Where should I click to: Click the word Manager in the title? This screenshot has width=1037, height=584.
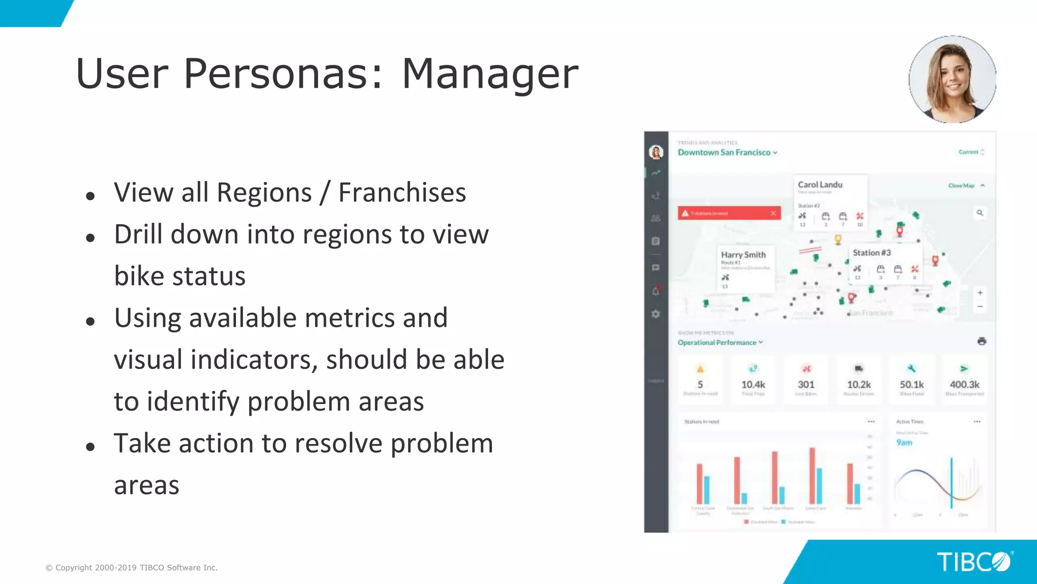(x=490, y=74)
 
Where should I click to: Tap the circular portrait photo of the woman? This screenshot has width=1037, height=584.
(x=952, y=80)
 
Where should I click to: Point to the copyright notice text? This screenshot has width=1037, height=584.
(x=132, y=568)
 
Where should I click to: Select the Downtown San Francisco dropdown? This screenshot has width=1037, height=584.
(x=727, y=153)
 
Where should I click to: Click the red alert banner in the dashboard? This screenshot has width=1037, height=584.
(x=729, y=213)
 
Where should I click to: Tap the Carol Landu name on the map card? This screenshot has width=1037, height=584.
(x=820, y=185)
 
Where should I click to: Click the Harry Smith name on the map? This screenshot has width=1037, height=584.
(x=743, y=255)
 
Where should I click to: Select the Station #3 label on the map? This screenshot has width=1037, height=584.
(x=871, y=252)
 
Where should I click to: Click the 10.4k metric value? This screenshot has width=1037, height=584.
(x=753, y=385)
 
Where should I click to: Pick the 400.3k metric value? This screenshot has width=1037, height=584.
(x=964, y=385)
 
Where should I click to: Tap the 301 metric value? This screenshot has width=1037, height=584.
(x=806, y=385)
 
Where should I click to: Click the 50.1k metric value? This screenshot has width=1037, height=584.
(x=911, y=385)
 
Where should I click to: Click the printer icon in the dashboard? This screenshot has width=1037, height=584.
(x=982, y=341)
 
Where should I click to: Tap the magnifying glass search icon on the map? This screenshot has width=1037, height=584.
(x=980, y=213)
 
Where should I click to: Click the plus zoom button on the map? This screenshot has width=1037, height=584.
(x=980, y=293)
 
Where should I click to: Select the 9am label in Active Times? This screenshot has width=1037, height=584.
(x=904, y=443)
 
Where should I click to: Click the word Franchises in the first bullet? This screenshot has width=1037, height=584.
(x=402, y=193)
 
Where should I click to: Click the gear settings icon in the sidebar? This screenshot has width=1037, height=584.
(x=656, y=314)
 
